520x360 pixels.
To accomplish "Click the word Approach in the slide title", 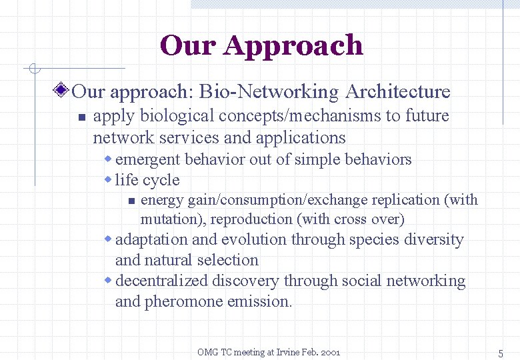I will tap(293, 45).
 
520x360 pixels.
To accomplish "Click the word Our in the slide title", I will tap(188, 45).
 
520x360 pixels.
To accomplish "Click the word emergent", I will tap(147, 160).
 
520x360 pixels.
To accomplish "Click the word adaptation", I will tap(151, 240).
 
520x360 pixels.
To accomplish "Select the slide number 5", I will tap(500, 353).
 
